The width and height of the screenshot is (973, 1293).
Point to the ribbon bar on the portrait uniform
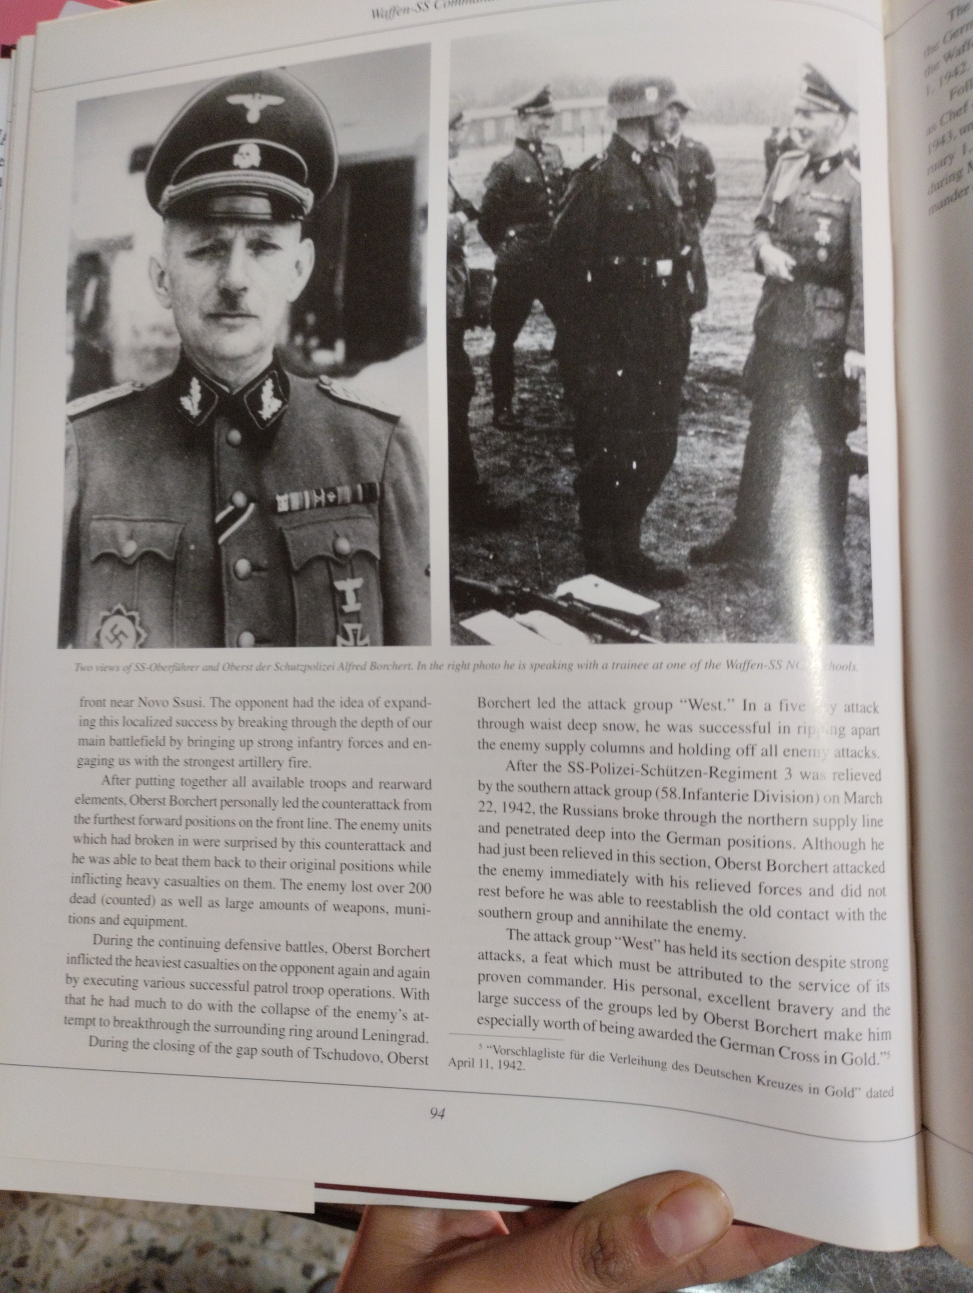pyautogui.click(x=327, y=499)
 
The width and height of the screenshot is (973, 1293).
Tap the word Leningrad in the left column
pyautogui.click(x=398, y=1033)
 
